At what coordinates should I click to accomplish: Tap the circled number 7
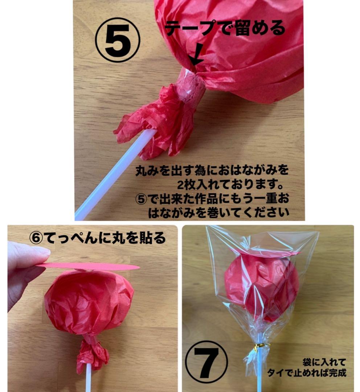[x=206, y=362]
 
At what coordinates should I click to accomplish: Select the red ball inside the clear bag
[x=262, y=287]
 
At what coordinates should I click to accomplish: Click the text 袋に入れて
[x=324, y=362]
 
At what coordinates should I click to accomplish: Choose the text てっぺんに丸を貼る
[x=105, y=237]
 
